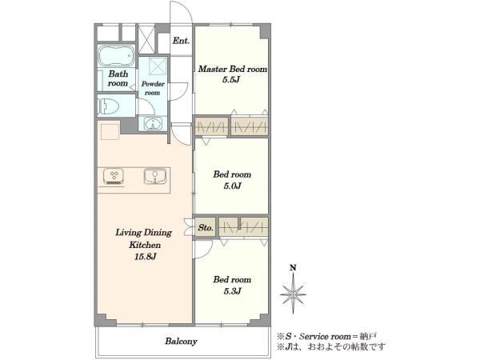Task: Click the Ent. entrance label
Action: (181, 41)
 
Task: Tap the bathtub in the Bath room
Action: (116, 56)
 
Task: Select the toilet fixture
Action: (109, 106)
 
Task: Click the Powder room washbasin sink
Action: (152, 124)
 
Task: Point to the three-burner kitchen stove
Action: (114, 176)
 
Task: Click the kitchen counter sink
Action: (155, 176)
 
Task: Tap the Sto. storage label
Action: (206, 228)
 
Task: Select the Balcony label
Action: (182, 341)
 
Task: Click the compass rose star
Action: (293, 294)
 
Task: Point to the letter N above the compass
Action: (293, 268)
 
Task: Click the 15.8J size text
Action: (145, 257)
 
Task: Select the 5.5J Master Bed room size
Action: (231, 80)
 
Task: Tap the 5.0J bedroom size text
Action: (233, 186)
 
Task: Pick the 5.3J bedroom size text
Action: (232, 291)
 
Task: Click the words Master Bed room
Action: (233, 69)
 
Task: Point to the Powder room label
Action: (153, 88)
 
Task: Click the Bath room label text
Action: (118, 78)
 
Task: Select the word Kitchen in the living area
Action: (145, 245)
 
